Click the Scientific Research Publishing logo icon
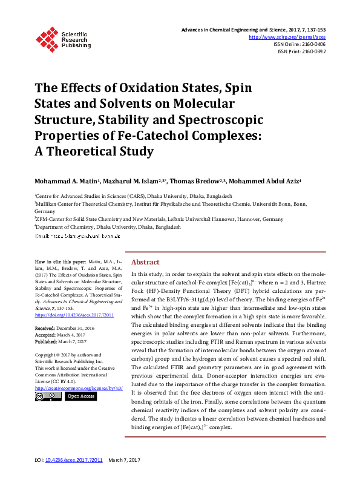click(x=46, y=38)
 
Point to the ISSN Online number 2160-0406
click(x=311, y=44)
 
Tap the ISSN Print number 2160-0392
click(x=311, y=52)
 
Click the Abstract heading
click(x=145, y=262)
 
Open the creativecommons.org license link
click(x=79, y=387)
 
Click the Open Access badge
click(x=80, y=396)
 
